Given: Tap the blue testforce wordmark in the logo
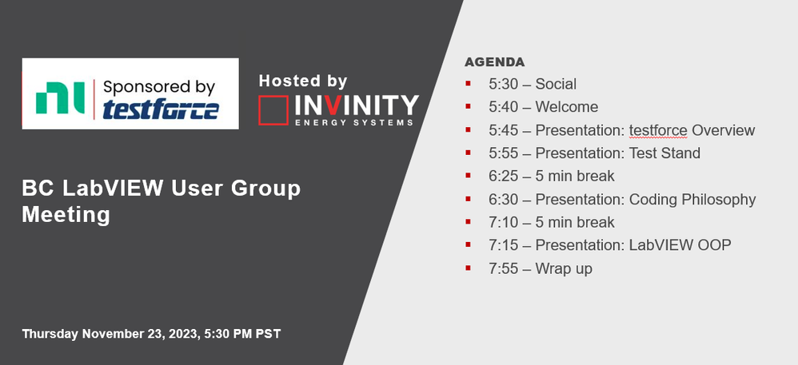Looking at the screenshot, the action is tap(161, 109).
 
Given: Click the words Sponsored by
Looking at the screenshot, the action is tap(159, 87).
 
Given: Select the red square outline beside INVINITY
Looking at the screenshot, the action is tap(273, 109).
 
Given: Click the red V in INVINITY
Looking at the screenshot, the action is tap(333, 105).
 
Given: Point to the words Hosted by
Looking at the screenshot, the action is tap(303, 81).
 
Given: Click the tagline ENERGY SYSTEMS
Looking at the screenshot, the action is tap(354, 122).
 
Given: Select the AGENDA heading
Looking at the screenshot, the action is tap(494, 62).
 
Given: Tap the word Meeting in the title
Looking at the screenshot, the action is tap(66, 214).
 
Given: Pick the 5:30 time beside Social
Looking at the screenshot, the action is tap(503, 84).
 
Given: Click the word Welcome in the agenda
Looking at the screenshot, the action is tap(566, 107).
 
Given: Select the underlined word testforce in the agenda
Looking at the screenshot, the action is tap(658, 130).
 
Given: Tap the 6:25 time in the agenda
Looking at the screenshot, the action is tap(503, 176).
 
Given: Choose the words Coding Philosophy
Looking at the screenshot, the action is tap(692, 200).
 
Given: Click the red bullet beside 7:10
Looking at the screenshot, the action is tap(468, 221).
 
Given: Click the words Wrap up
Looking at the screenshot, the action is tap(564, 269).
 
